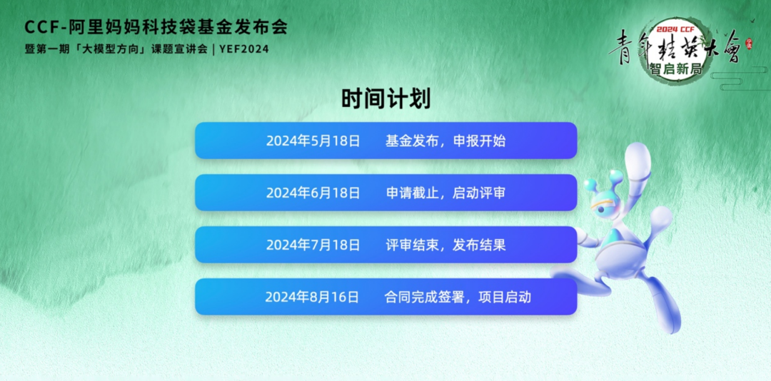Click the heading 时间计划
[385, 98]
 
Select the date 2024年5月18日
[313, 141]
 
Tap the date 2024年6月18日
[313, 193]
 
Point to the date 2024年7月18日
[313, 245]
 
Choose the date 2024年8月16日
[312, 297]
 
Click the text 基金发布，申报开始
[445, 141]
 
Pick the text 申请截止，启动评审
[445, 193]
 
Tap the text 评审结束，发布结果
[445, 245]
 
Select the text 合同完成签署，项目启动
[458, 297]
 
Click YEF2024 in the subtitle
[244, 49]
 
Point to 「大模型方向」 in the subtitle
[114, 49]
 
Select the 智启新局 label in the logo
[675, 68]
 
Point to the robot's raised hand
[637, 156]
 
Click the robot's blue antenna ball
[590, 186]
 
